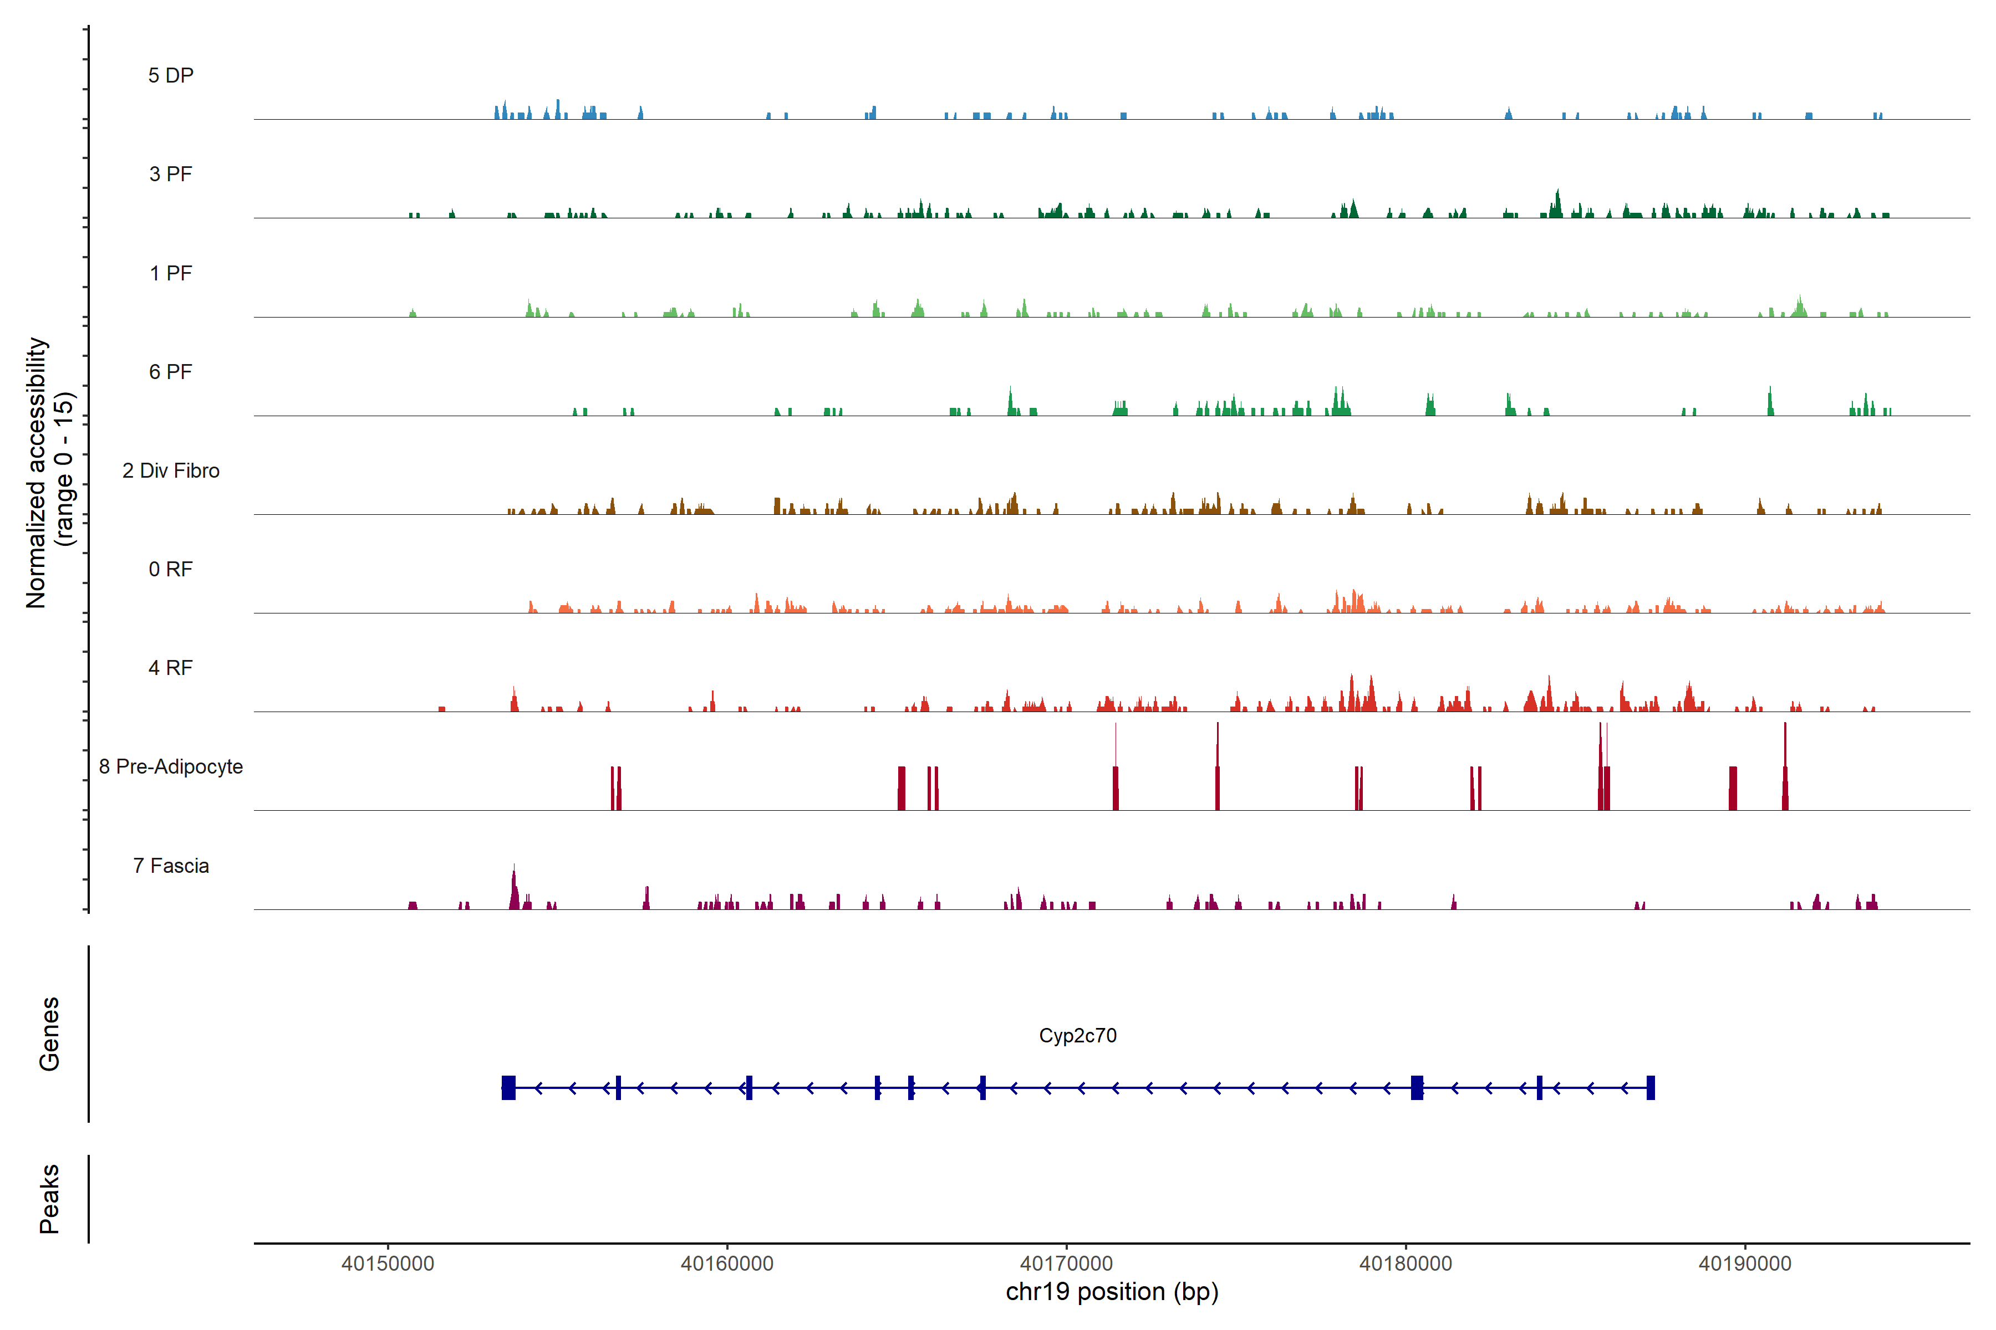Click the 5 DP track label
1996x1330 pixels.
(171, 75)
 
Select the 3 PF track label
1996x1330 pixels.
(171, 174)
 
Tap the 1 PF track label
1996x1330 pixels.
(171, 273)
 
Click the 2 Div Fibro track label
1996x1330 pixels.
(171, 470)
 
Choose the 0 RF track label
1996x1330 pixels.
(171, 569)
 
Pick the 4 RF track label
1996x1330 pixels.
(171, 668)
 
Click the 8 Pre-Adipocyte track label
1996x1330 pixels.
(171, 767)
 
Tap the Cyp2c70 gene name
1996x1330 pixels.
(1078, 1036)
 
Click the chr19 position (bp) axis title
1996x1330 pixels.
(1112, 1292)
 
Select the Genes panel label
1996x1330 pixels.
(49, 1034)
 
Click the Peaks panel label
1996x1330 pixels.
(49, 1199)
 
